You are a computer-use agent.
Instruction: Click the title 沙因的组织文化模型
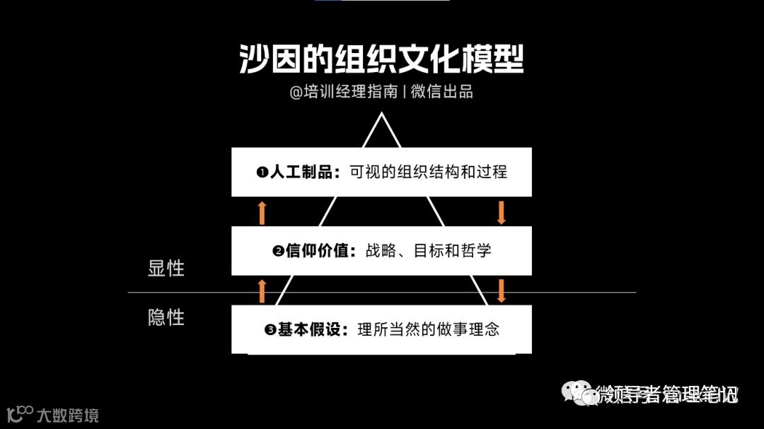coord(381,61)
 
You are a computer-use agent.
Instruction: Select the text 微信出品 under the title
coord(441,92)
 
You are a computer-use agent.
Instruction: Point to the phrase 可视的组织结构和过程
coord(428,172)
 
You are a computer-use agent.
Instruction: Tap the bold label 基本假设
coord(309,330)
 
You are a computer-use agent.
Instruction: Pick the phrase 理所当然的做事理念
coord(428,330)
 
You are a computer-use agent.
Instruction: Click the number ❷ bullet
coord(278,252)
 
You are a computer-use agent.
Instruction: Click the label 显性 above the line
coord(166,269)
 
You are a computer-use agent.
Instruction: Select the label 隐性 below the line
coord(166,317)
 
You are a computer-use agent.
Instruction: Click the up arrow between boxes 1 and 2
coord(262,212)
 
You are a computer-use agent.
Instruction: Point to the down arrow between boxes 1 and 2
coord(502,212)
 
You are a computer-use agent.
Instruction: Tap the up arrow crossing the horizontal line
coord(262,290)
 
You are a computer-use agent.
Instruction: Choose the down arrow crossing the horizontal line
coord(502,290)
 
